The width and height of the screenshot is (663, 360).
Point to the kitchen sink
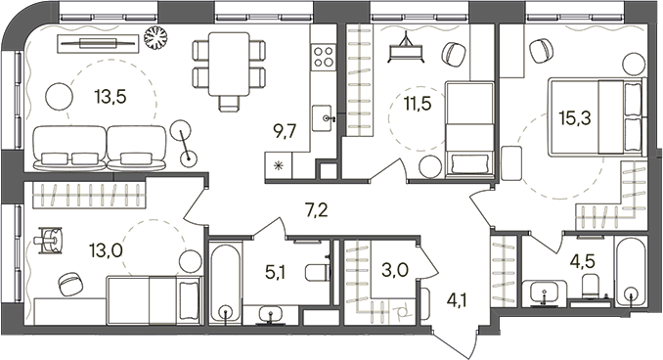[x=325, y=118]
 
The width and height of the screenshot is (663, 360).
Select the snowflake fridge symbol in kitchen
[x=278, y=164]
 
